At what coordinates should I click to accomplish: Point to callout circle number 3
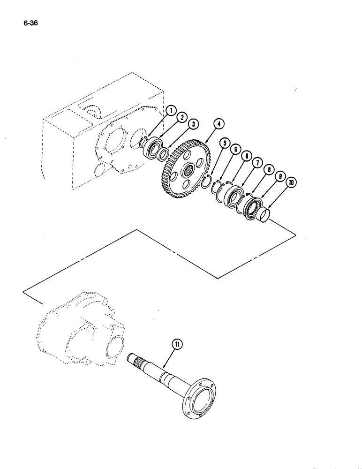(193, 124)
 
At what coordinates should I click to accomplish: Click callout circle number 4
(219, 124)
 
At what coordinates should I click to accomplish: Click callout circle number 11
(178, 344)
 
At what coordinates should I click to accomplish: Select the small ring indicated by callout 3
(164, 155)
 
